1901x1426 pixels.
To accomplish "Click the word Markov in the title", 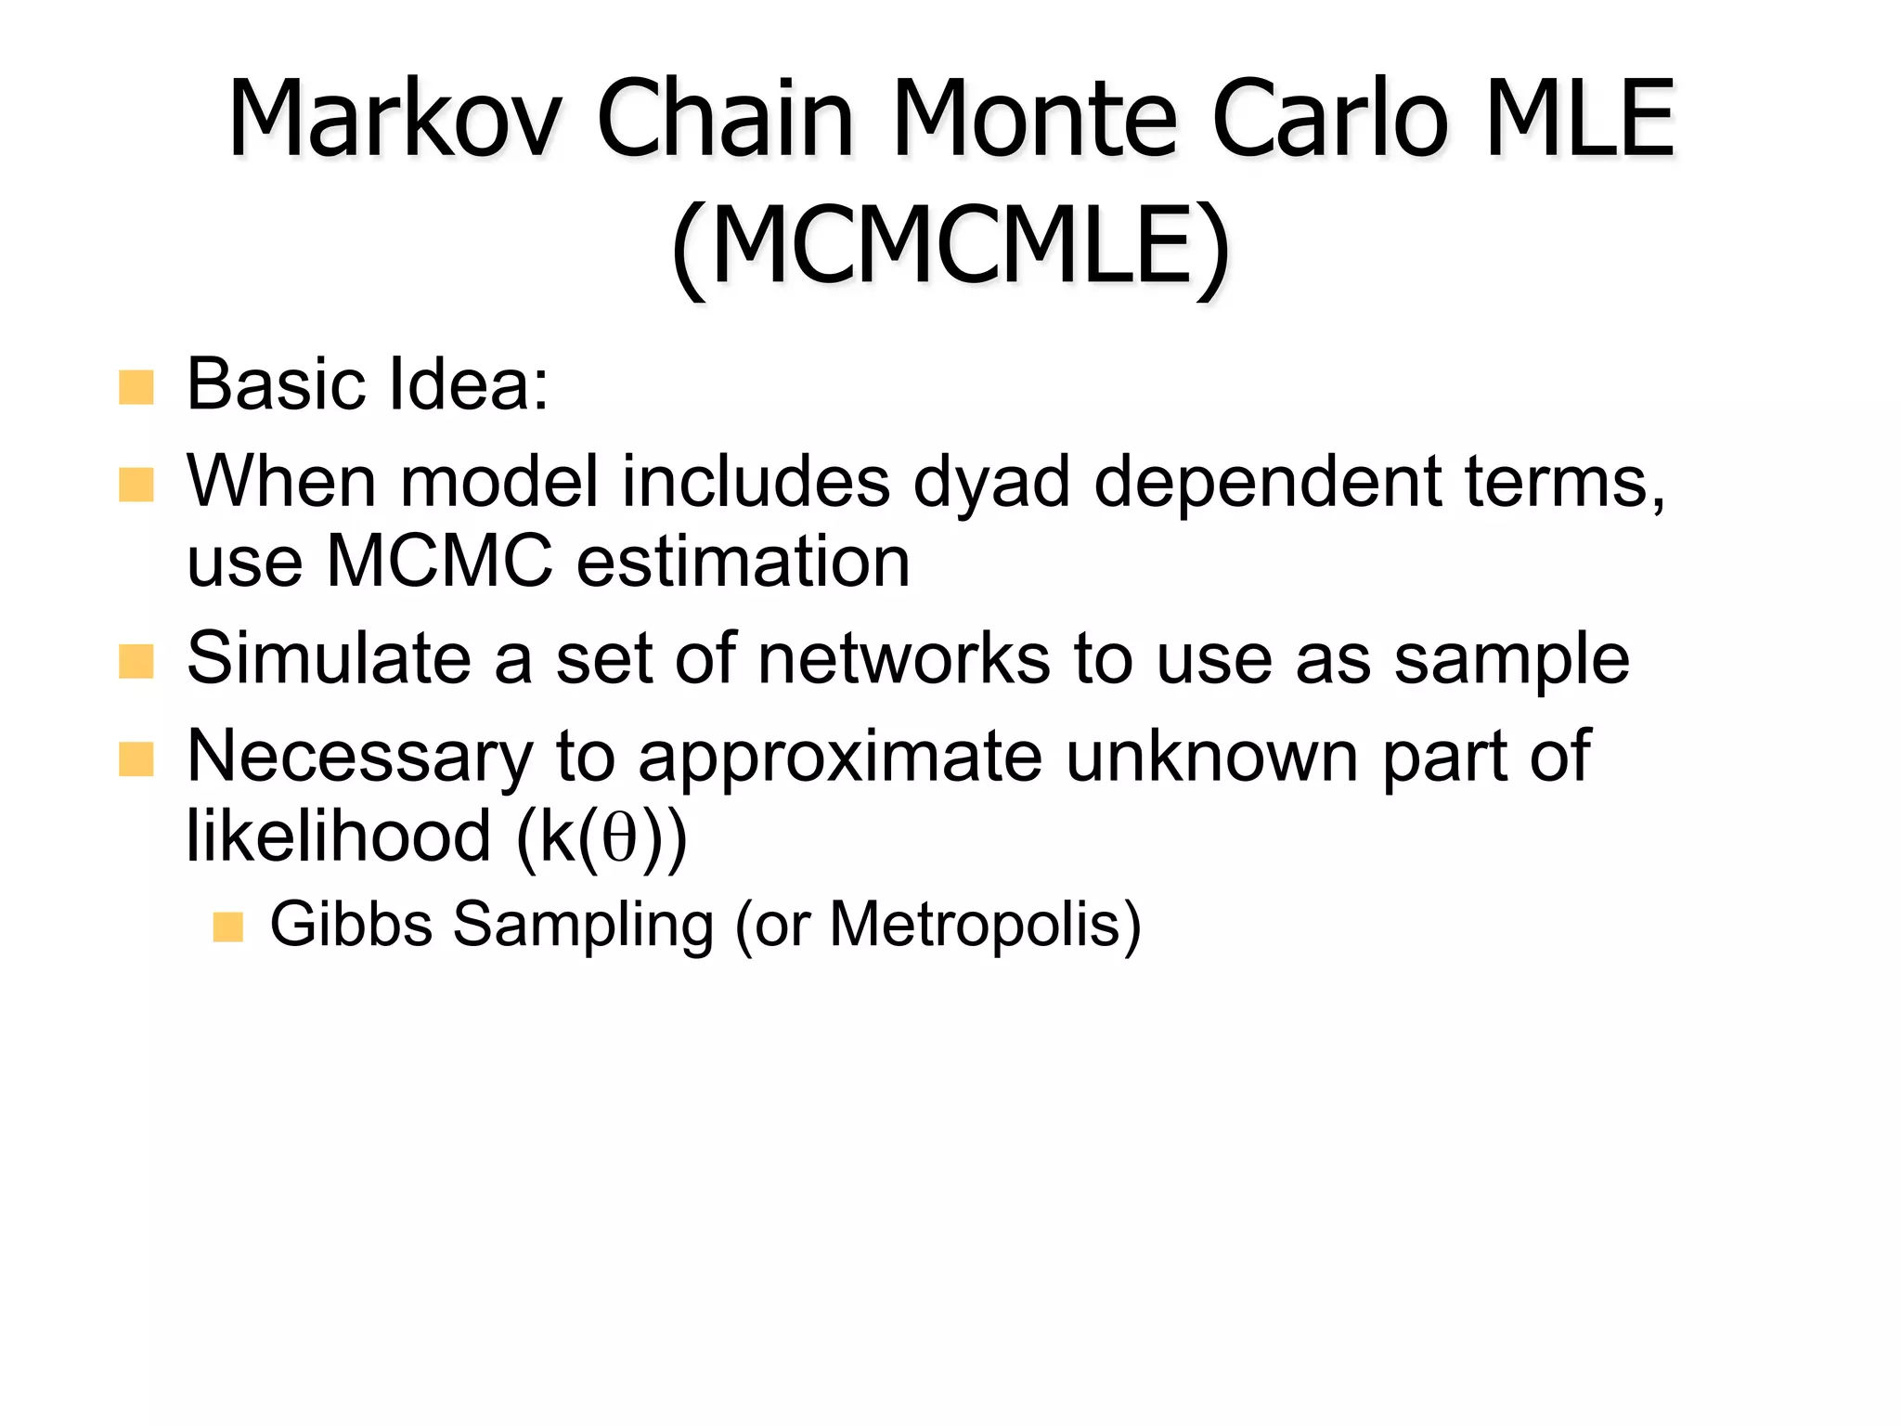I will (395, 119).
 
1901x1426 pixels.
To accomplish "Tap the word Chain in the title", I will (724, 119).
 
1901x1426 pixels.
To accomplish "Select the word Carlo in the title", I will (1329, 119).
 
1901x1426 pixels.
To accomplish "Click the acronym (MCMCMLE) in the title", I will (950, 245).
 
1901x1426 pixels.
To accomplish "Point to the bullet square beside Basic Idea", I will (136, 387).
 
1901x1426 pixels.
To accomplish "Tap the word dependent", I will (1268, 483).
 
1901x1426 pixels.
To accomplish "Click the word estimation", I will (743, 562).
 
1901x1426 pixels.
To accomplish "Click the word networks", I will (904, 658).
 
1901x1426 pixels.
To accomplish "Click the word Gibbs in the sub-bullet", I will (351, 925).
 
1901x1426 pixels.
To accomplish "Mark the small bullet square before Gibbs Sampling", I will (227, 927).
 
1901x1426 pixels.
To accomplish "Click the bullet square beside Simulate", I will (136, 662).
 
